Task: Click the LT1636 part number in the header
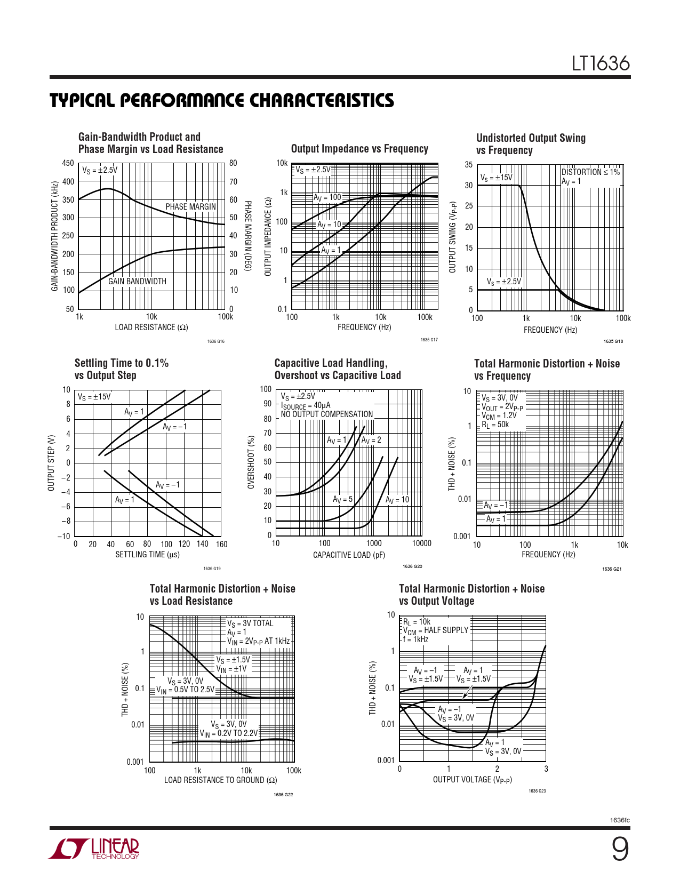pos(601,64)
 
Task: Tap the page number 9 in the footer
pos(619,850)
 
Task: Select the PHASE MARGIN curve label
pos(190,207)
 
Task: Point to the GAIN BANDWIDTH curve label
pos(137,282)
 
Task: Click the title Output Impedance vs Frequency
pos(359,149)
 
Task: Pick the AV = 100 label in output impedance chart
pos(327,197)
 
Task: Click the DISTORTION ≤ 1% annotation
pos(590,172)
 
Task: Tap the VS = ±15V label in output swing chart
pos(496,178)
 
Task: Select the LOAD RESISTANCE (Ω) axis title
pos(151,327)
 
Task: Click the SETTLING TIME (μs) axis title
pos(147,555)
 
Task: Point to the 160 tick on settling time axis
pos(222,545)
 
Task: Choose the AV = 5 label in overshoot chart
pos(342,500)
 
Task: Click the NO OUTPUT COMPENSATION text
pos(327,414)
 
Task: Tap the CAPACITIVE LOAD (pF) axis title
pos(349,555)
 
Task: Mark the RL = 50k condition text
pos(495,425)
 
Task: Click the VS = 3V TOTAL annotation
pos(250,623)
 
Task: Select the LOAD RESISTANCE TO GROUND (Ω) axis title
pos(220,780)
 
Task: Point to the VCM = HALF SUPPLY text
pos(435,630)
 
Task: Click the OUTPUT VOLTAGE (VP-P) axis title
pos(472,780)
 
